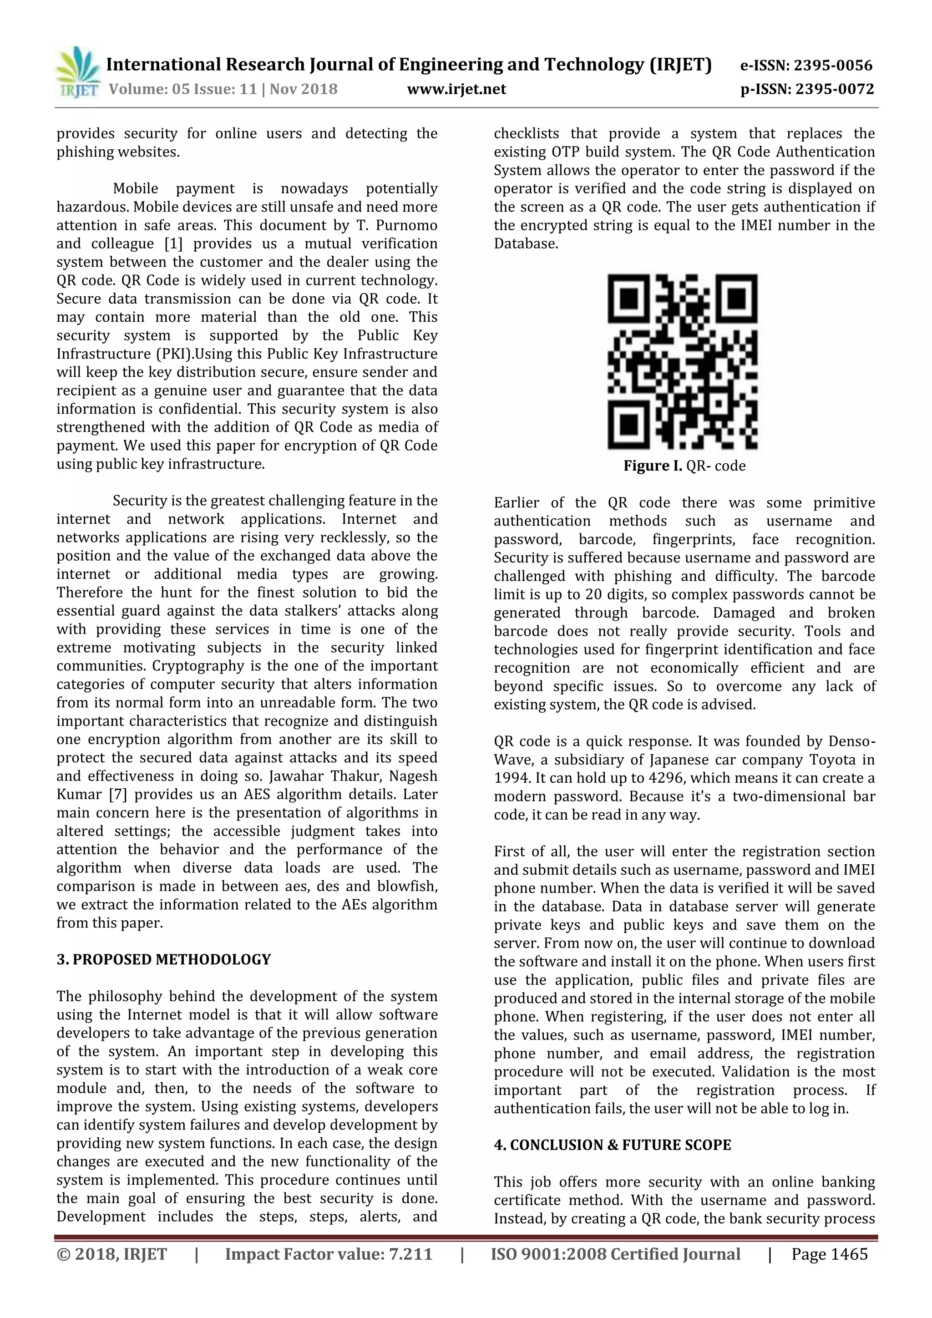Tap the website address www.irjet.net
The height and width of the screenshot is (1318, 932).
pos(456,89)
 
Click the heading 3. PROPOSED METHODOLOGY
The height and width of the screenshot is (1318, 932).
pos(163,959)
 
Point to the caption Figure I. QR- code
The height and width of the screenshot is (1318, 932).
pos(684,466)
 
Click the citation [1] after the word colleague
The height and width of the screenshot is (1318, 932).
pos(173,243)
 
